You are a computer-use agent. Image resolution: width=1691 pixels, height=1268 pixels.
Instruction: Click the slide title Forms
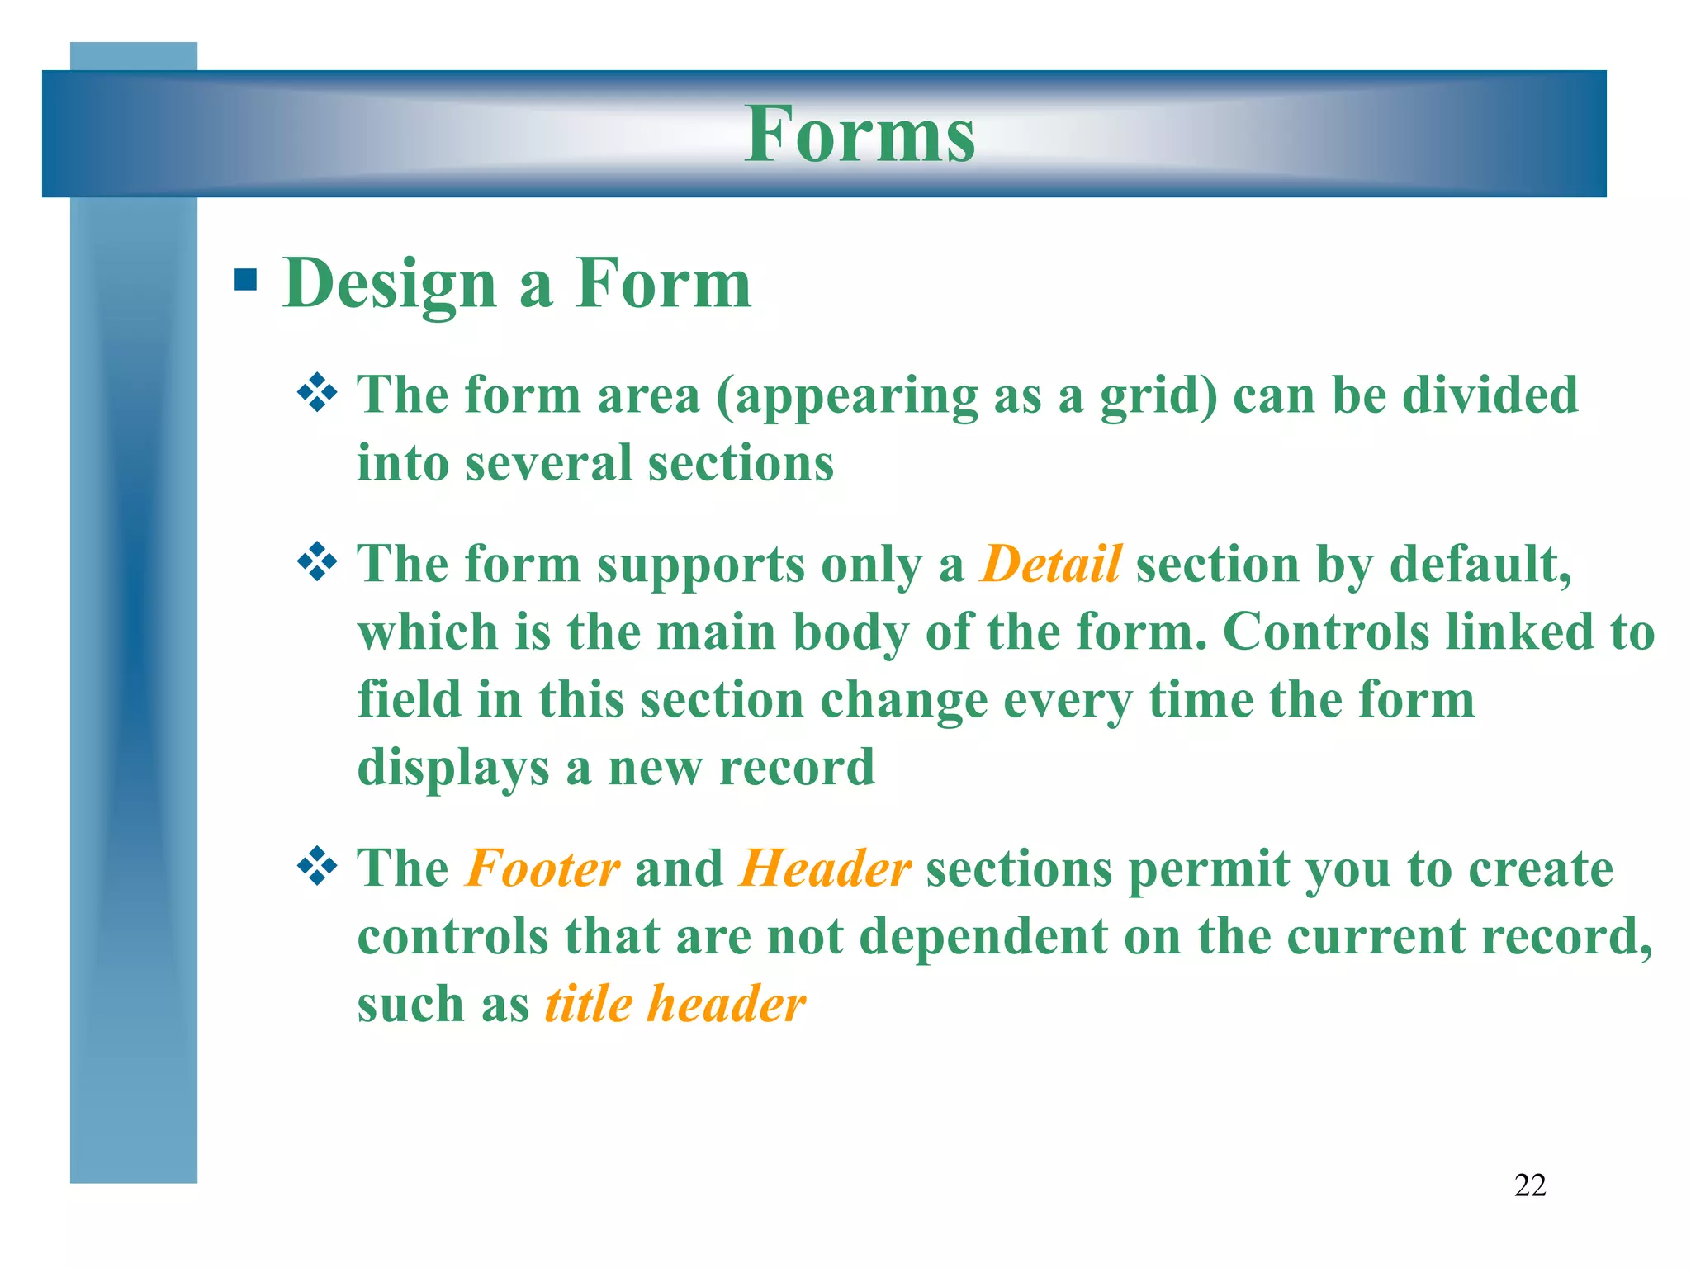[x=860, y=135]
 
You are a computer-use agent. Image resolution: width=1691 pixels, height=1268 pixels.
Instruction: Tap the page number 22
[x=1529, y=1185]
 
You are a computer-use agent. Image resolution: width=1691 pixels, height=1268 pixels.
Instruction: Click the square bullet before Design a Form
[x=245, y=281]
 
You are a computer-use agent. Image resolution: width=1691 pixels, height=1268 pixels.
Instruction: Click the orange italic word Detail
[x=1050, y=565]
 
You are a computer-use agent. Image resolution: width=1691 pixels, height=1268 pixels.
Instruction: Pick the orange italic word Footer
[x=542, y=869]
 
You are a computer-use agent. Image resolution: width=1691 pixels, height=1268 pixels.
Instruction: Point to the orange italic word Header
[x=825, y=869]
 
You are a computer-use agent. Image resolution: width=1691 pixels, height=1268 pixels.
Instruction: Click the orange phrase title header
[x=675, y=1005]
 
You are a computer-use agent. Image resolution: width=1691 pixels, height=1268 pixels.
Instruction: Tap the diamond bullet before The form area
[x=317, y=394]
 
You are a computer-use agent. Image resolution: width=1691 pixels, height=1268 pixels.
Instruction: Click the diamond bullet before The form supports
[x=317, y=564]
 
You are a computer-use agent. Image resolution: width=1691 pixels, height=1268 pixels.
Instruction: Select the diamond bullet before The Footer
[x=317, y=868]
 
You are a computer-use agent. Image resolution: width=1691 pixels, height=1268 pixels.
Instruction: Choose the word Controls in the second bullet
[x=1325, y=632]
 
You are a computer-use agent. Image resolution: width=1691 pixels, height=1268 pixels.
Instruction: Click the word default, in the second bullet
[x=1480, y=565]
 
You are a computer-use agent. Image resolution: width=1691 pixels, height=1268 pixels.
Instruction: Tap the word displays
[x=452, y=769]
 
